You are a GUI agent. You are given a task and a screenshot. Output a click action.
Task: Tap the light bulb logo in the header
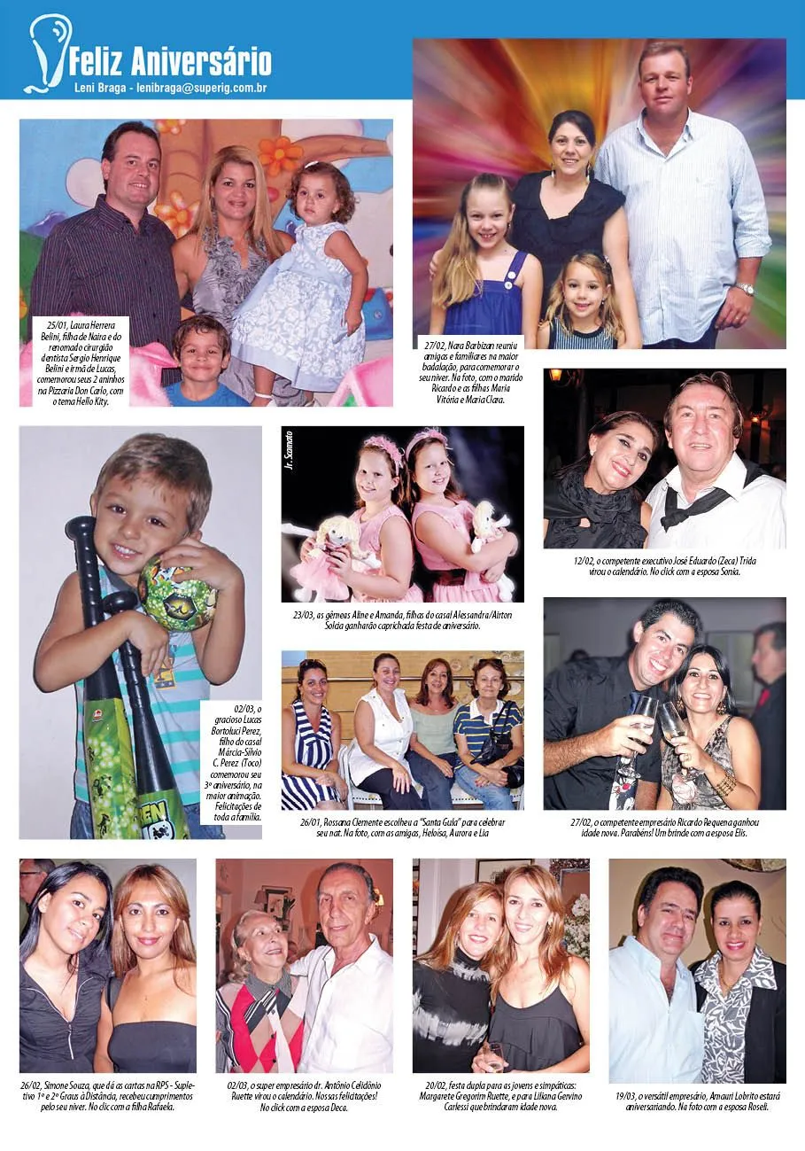(x=47, y=52)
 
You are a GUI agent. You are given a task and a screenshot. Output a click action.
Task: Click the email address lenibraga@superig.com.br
(x=202, y=89)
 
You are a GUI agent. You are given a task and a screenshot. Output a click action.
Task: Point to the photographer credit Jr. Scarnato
(x=290, y=449)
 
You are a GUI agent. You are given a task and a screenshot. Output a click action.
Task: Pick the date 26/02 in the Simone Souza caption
(x=32, y=1085)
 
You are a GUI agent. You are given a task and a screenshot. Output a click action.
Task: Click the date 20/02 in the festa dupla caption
(x=437, y=1085)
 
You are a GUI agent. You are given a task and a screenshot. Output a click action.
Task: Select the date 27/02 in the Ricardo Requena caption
(x=584, y=822)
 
